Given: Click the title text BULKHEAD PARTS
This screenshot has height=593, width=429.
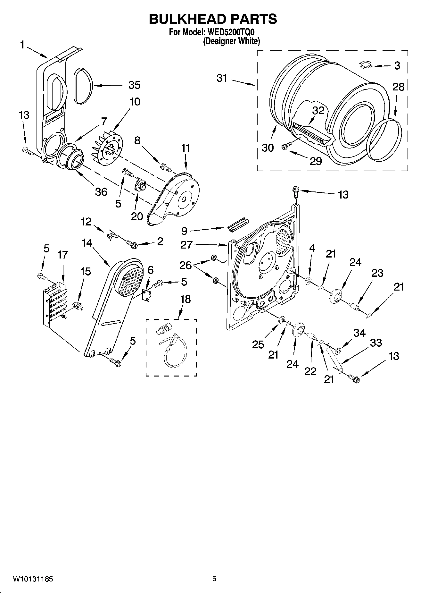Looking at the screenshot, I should pos(213,19).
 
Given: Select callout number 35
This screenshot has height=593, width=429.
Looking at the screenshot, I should pos(134,85).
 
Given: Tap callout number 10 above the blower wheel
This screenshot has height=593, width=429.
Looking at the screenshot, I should pos(135,102).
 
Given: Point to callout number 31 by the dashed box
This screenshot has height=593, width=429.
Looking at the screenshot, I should pos(222,78).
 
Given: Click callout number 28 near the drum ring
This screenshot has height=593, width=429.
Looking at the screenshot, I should pos(398,87).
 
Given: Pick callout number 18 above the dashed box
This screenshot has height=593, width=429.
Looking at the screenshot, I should pos(186,299).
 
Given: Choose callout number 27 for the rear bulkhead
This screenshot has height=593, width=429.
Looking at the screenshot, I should pos(186,245).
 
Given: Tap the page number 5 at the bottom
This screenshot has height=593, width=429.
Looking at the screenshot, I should pos(214,579).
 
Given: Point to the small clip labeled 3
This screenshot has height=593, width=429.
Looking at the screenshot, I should pos(365,65).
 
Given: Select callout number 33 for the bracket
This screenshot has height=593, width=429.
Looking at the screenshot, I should pos(376,343).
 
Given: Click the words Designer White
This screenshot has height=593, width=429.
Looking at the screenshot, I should pos(231,41).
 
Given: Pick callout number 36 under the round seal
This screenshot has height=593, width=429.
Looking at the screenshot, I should pos(101,192).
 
